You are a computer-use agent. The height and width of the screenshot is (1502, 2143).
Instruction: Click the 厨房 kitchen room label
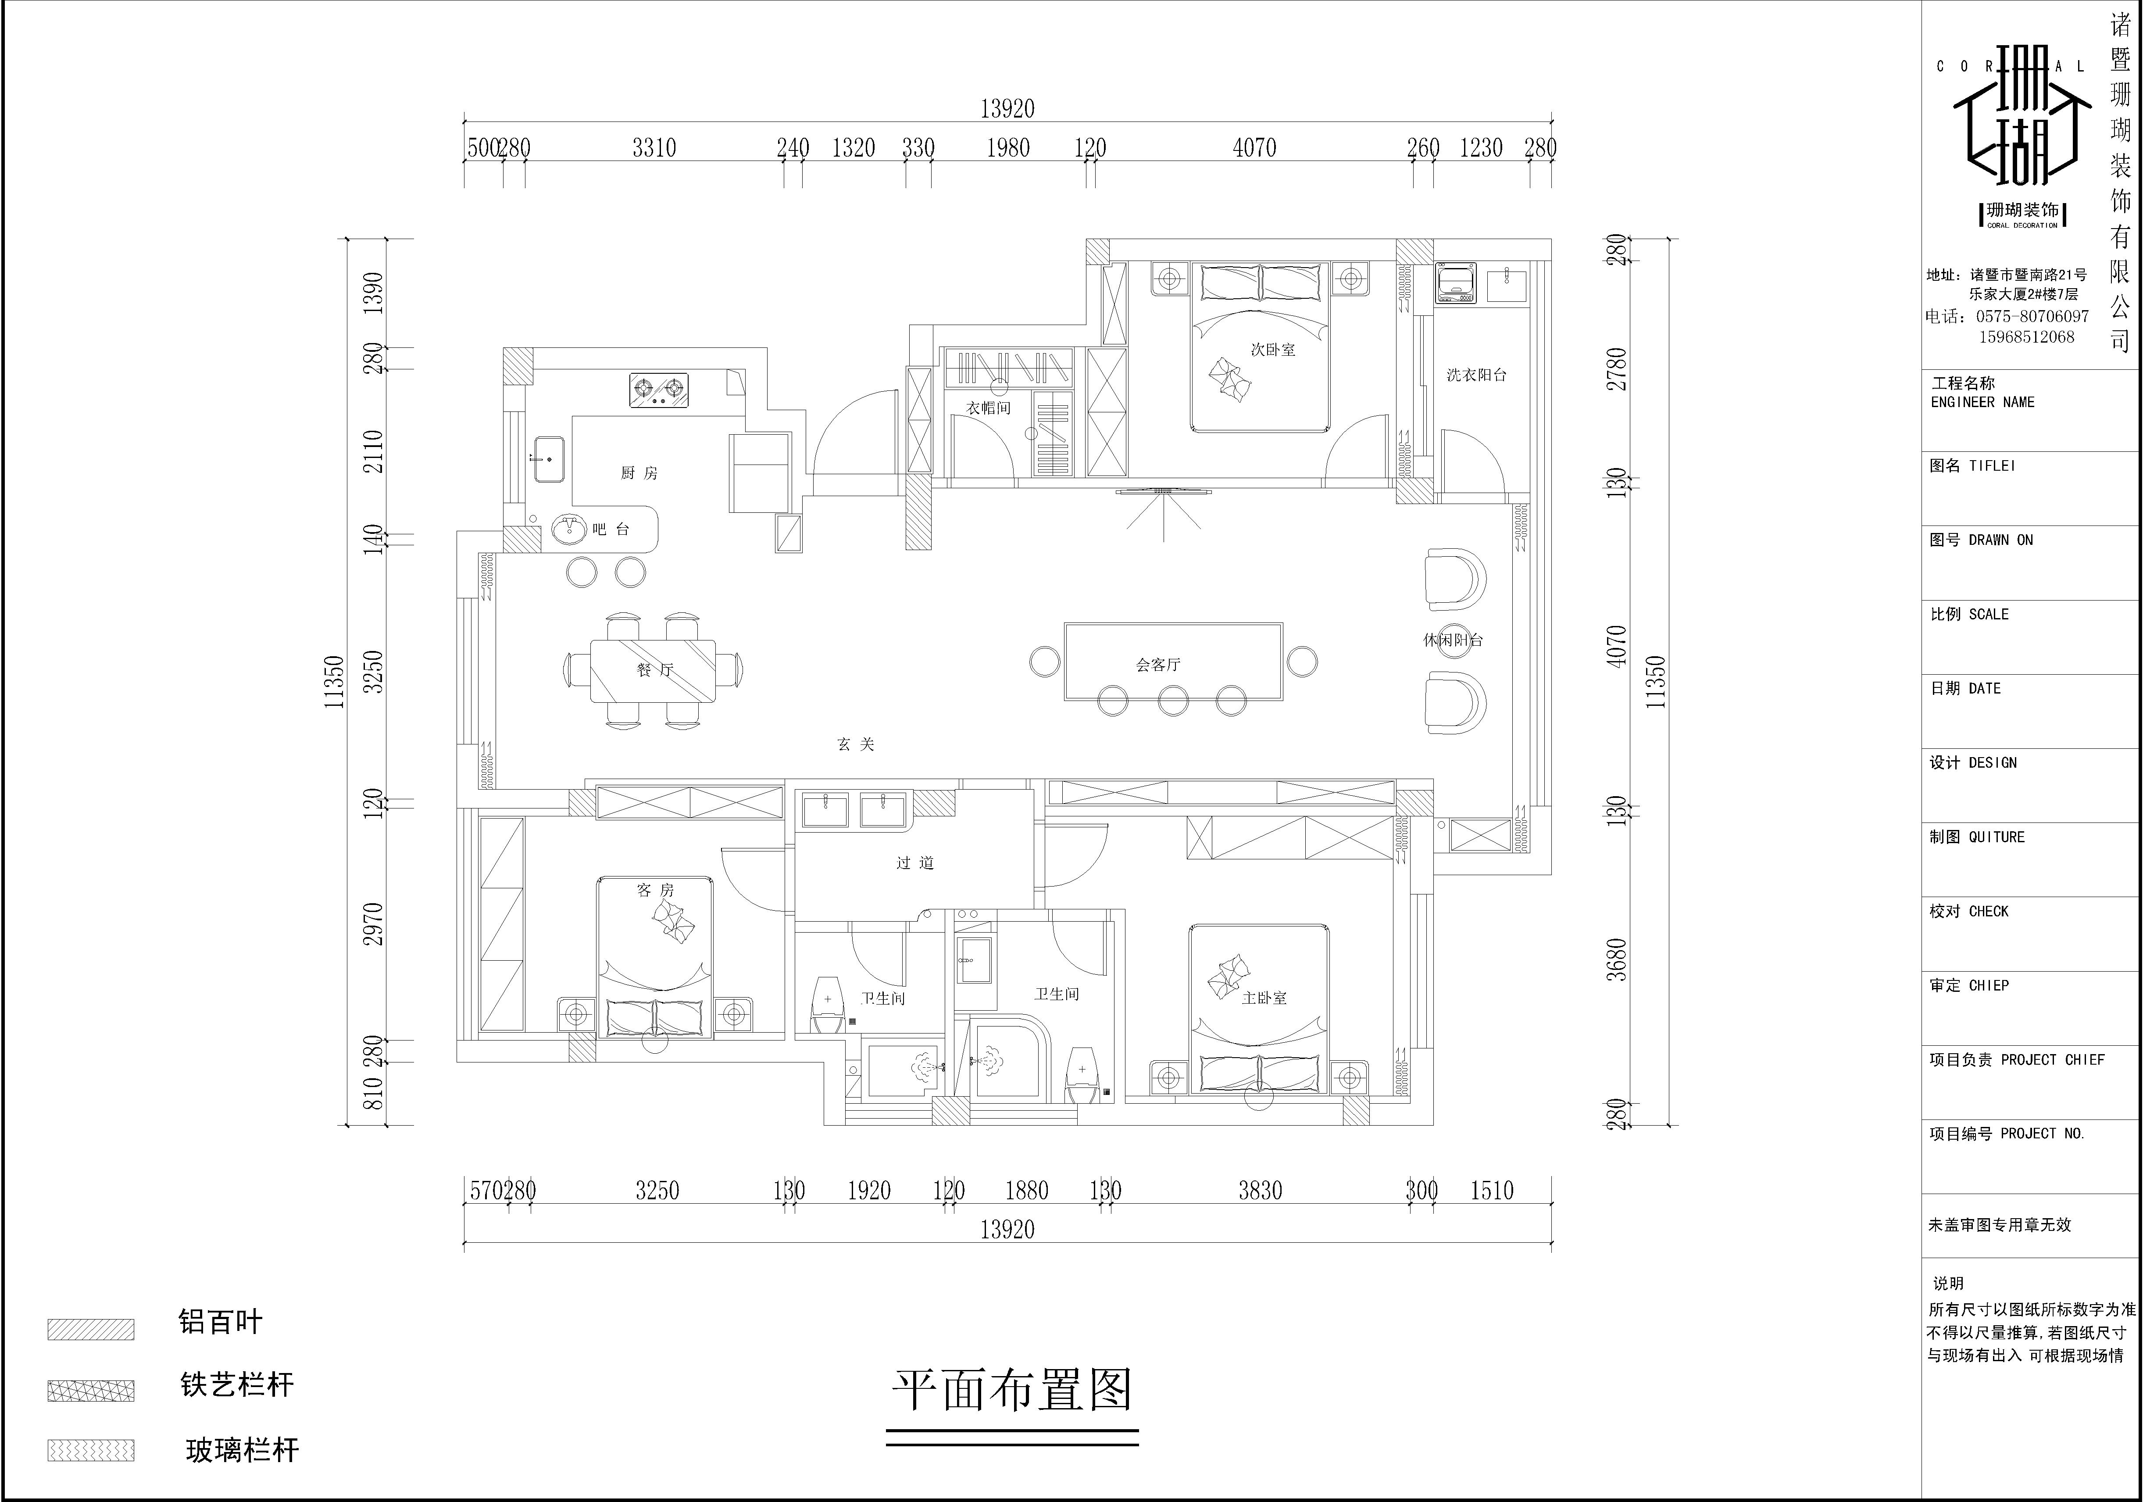(x=639, y=473)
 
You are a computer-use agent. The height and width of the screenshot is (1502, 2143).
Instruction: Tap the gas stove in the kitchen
(x=658, y=389)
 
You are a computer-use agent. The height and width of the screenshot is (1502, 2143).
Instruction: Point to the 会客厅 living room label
(x=1158, y=665)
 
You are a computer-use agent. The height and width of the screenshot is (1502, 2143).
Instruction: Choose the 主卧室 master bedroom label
(x=1265, y=998)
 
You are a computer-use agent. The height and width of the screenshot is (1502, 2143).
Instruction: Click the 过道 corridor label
(x=914, y=862)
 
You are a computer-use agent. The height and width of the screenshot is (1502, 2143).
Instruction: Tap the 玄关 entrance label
(x=856, y=744)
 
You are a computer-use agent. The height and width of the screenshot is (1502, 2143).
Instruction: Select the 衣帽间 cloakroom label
(x=989, y=408)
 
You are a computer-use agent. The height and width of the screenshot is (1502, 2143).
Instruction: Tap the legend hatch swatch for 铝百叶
(x=90, y=1329)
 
